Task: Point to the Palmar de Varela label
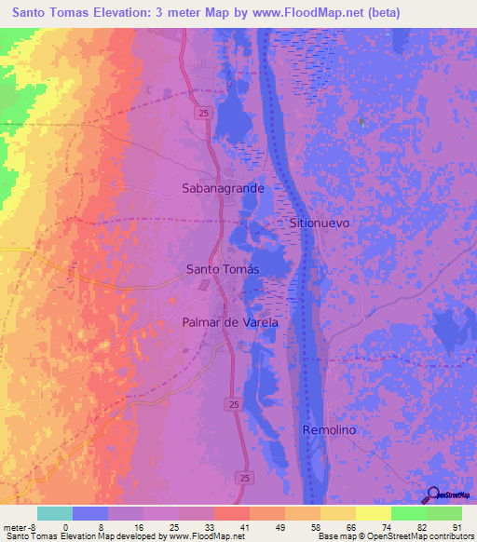pyautogui.click(x=230, y=322)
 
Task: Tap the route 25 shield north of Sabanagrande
pyautogui.click(x=201, y=113)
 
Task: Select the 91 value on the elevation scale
pyautogui.click(x=457, y=528)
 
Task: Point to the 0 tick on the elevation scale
pyautogui.click(x=65, y=528)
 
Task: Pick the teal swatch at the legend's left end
pyautogui.click(x=55, y=513)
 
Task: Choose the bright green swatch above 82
pyautogui.click(x=409, y=513)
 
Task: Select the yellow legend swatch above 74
pyautogui.click(x=374, y=513)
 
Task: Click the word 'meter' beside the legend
pyautogui.click(x=16, y=528)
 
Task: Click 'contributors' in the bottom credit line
pyautogui.click(x=451, y=537)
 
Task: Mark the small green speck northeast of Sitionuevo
pyautogui.click(x=361, y=122)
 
